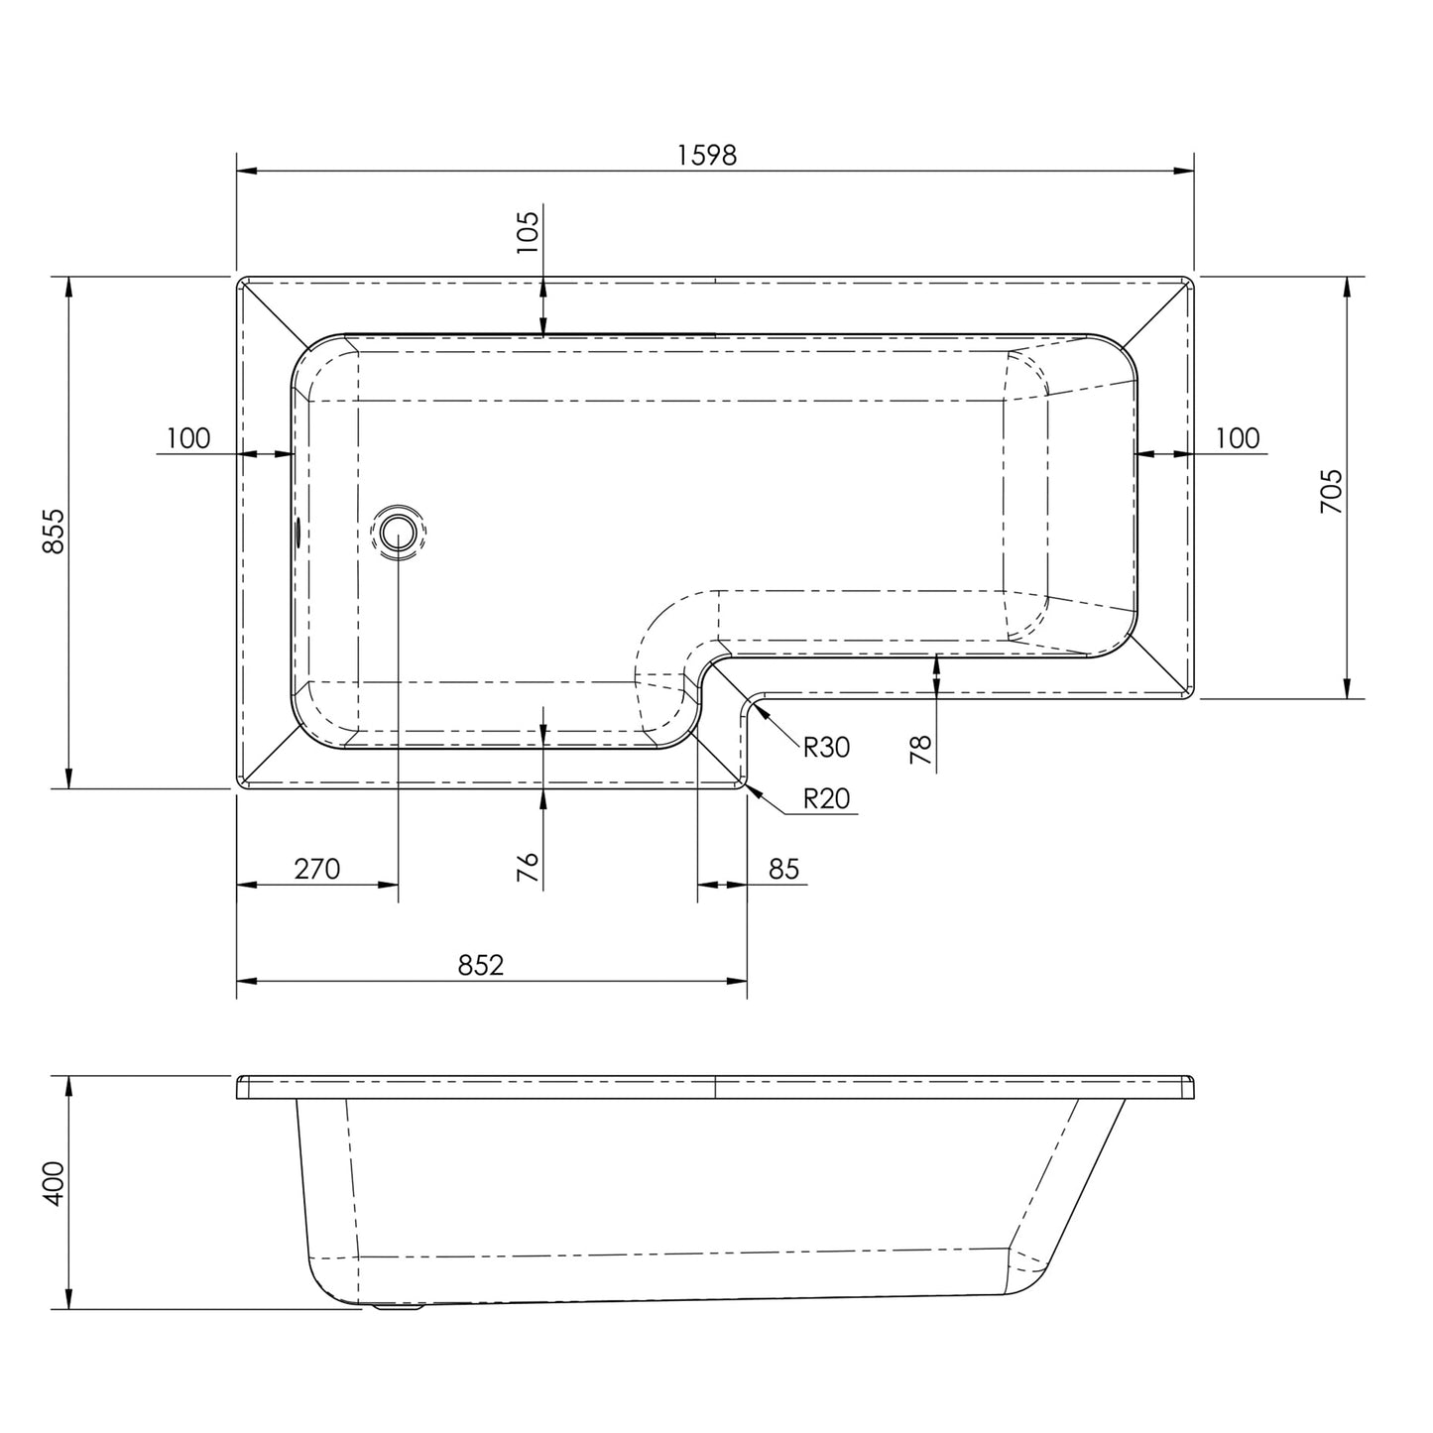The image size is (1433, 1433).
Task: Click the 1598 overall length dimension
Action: tap(707, 155)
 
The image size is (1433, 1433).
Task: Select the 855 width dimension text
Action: tap(55, 532)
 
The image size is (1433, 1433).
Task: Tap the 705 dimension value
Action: tap(1331, 490)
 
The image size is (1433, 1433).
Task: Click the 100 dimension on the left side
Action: tap(188, 437)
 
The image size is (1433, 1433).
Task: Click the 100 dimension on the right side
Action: tap(1237, 437)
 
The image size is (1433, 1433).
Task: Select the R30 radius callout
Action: tap(826, 747)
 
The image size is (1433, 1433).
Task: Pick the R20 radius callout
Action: tap(826, 798)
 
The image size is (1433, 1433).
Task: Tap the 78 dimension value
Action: tap(921, 750)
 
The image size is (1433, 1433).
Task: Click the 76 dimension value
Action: tap(528, 867)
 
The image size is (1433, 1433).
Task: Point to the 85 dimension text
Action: tap(783, 869)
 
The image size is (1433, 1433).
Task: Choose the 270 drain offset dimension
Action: tap(316, 869)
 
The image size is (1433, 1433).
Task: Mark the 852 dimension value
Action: tap(482, 965)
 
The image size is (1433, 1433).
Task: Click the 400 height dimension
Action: tap(55, 1183)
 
